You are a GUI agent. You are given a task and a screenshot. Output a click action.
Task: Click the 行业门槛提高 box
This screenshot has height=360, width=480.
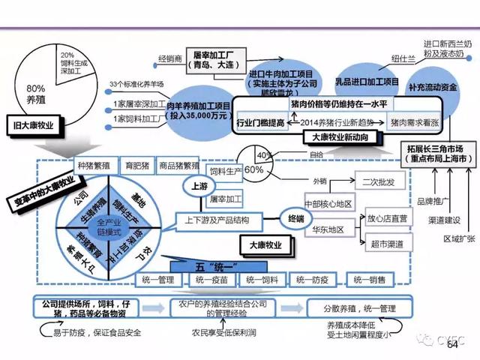tap(259, 122)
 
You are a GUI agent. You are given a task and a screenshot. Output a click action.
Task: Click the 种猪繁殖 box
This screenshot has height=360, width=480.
tap(93, 165)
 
